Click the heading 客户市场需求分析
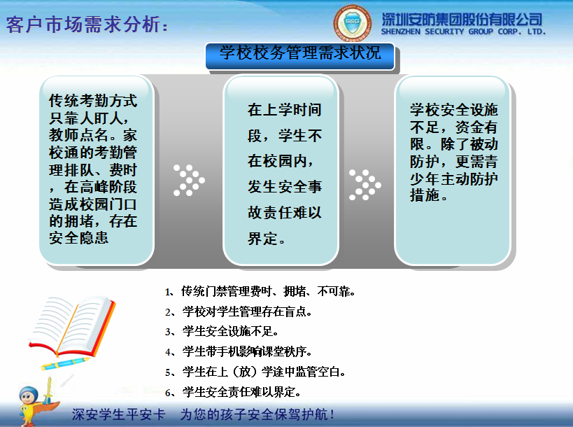[x=87, y=26]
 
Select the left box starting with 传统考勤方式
[x=95, y=169]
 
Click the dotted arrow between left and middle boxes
[x=188, y=180]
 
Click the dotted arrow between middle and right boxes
[x=365, y=184]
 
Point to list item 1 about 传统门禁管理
[x=260, y=291]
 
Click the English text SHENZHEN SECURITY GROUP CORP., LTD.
[x=462, y=31]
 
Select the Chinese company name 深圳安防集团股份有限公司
[x=462, y=18]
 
